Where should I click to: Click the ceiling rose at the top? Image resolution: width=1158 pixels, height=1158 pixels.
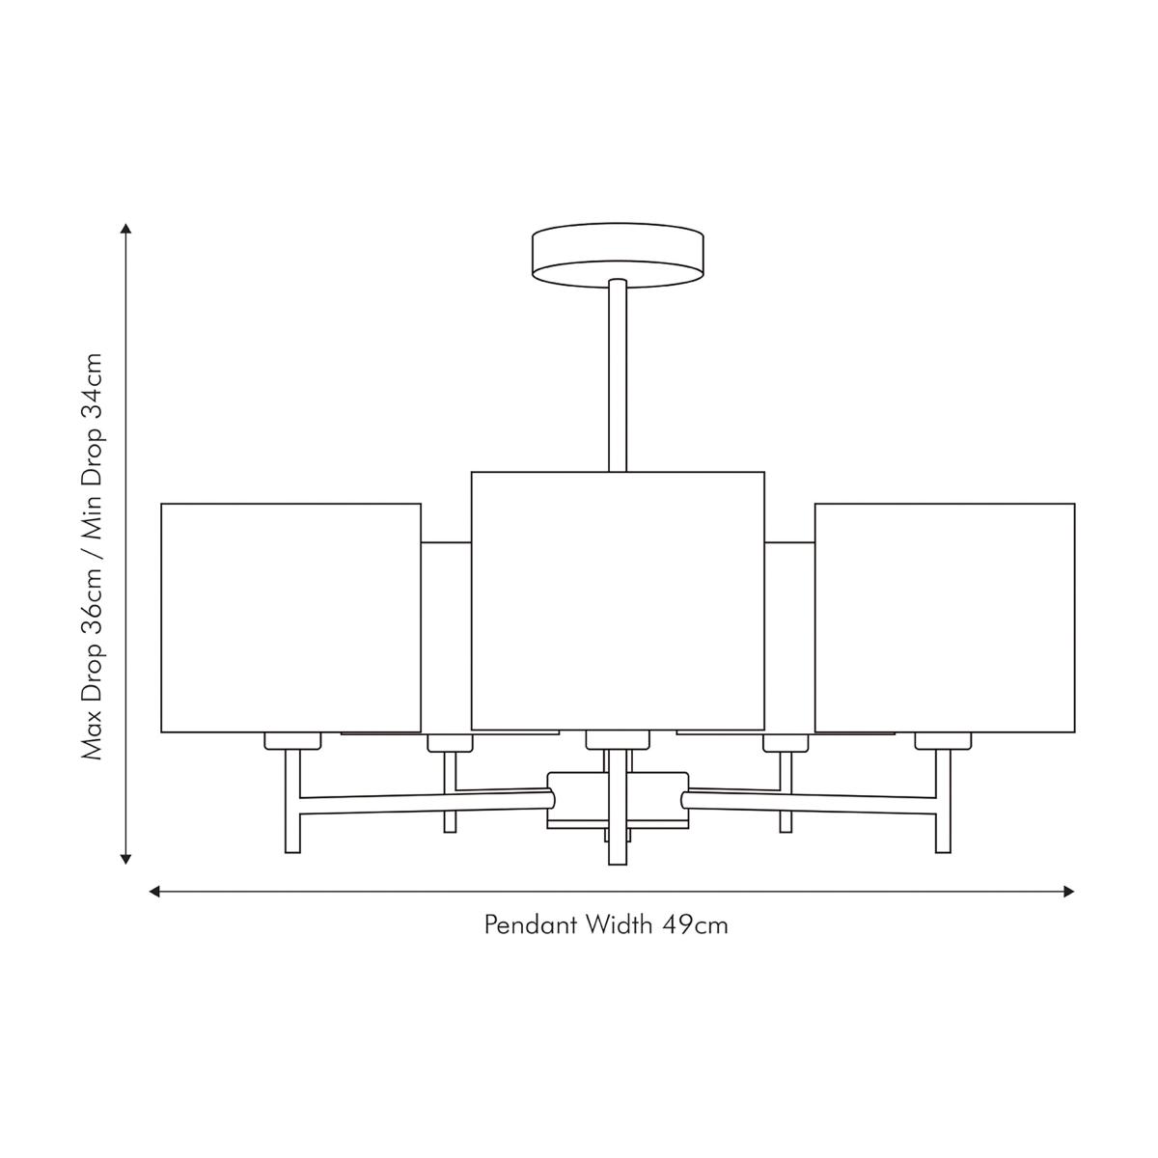[618, 256]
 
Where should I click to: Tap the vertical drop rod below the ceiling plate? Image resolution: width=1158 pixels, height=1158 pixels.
[618, 375]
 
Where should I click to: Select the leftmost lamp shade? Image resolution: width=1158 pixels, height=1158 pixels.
[290, 618]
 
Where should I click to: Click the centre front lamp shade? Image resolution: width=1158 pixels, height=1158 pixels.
[618, 600]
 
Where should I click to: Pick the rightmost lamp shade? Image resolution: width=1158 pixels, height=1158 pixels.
[945, 618]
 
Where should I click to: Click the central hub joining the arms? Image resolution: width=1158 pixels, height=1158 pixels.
[618, 800]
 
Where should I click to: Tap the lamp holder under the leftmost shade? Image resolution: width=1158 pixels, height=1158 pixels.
[292, 741]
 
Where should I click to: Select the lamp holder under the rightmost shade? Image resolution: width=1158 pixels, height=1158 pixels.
[943, 741]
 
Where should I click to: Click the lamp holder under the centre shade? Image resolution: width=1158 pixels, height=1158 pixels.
[618, 740]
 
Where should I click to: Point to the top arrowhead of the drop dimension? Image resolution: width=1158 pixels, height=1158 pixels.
[125, 229]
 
